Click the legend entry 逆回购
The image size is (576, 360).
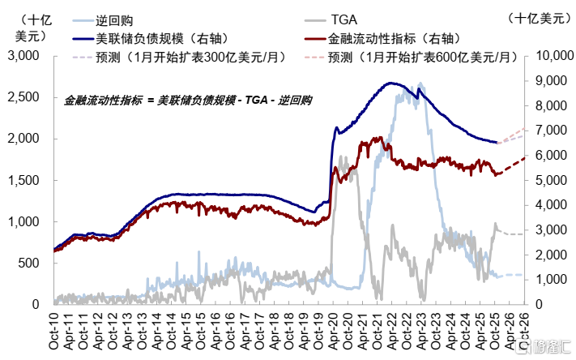[x=110, y=19]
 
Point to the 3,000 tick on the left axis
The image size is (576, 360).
[x=24, y=56]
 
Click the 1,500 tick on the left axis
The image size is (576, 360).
[x=24, y=180]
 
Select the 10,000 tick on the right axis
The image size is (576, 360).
[x=551, y=56]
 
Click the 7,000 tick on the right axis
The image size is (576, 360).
[x=548, y=131]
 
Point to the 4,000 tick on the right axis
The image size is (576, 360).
[x=548, y=205]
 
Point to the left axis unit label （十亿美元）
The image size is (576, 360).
[x=30, y=27]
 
